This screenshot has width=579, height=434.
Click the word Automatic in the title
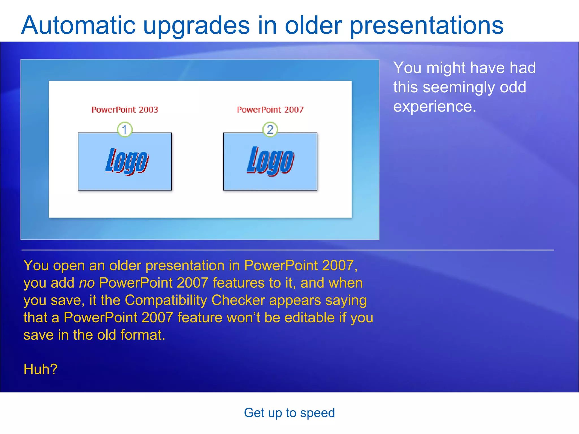tap(79, 25)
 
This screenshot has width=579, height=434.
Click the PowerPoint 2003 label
tap(125, 110)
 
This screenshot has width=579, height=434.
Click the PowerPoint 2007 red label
tap(270, 110)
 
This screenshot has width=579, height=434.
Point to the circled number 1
tap(125, 129)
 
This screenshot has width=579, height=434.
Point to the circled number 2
tap(270, 129)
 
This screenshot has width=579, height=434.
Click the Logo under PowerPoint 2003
tap(127, 161)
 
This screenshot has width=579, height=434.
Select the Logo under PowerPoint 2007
tap(270, 161)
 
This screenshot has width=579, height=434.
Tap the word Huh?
tap(40, 369)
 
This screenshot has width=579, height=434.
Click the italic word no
tap(87, 283)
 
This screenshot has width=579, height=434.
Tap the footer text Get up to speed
tap(289, 413)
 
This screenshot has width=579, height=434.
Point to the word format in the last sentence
tap(142, 335)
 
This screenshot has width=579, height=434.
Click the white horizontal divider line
tap(288, 250)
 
